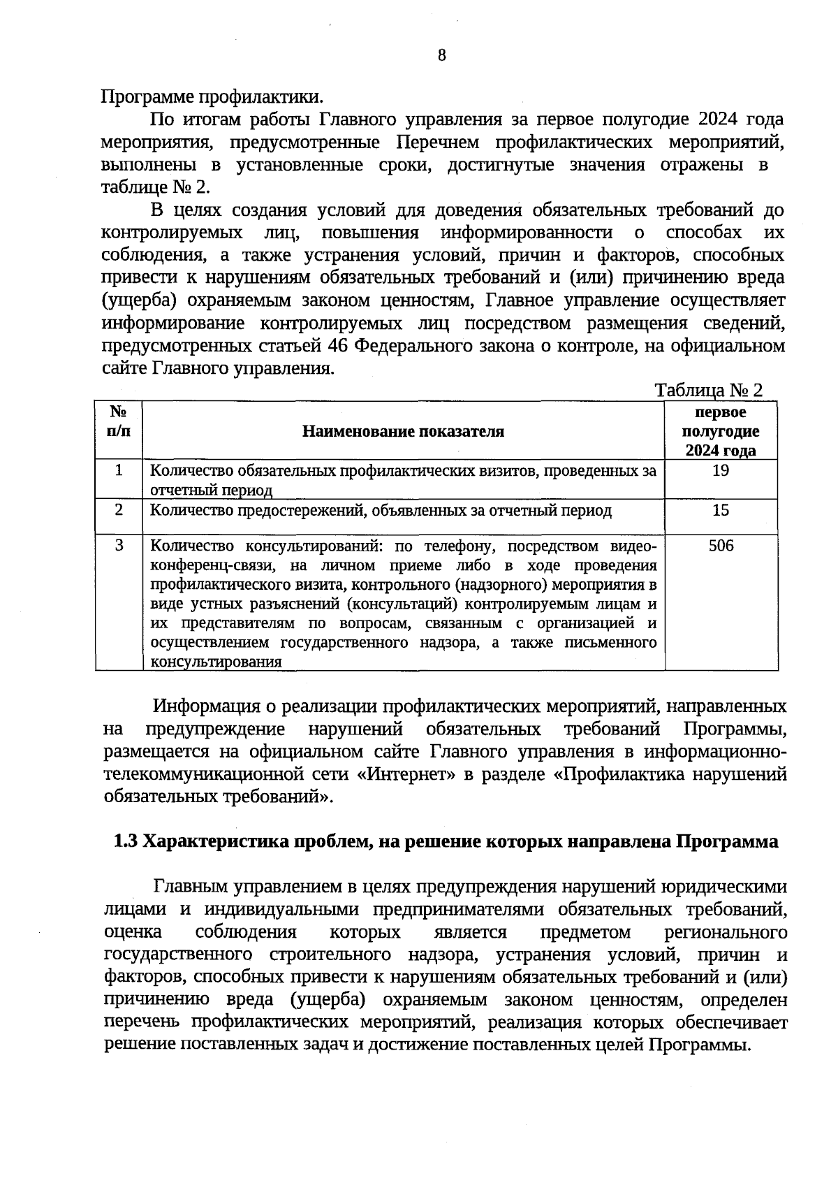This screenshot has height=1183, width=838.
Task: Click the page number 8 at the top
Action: (x=441, y=56)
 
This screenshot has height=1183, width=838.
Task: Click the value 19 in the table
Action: (x=721, y=470)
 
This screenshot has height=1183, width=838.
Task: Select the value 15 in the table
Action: (x=721, y=510)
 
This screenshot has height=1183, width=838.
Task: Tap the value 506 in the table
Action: (x=721, y=546)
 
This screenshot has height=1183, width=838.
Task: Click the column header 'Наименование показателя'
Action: (x=403, y=431)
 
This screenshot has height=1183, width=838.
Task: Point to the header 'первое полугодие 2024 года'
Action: (x=721, y=431)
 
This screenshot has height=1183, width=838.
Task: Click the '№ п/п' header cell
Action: (x=119, y=421)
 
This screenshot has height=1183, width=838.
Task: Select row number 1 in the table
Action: (x=119, y=470)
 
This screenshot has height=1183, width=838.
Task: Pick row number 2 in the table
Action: (x=119, y=510)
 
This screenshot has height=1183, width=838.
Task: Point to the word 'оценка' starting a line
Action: (x=133, y=932)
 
